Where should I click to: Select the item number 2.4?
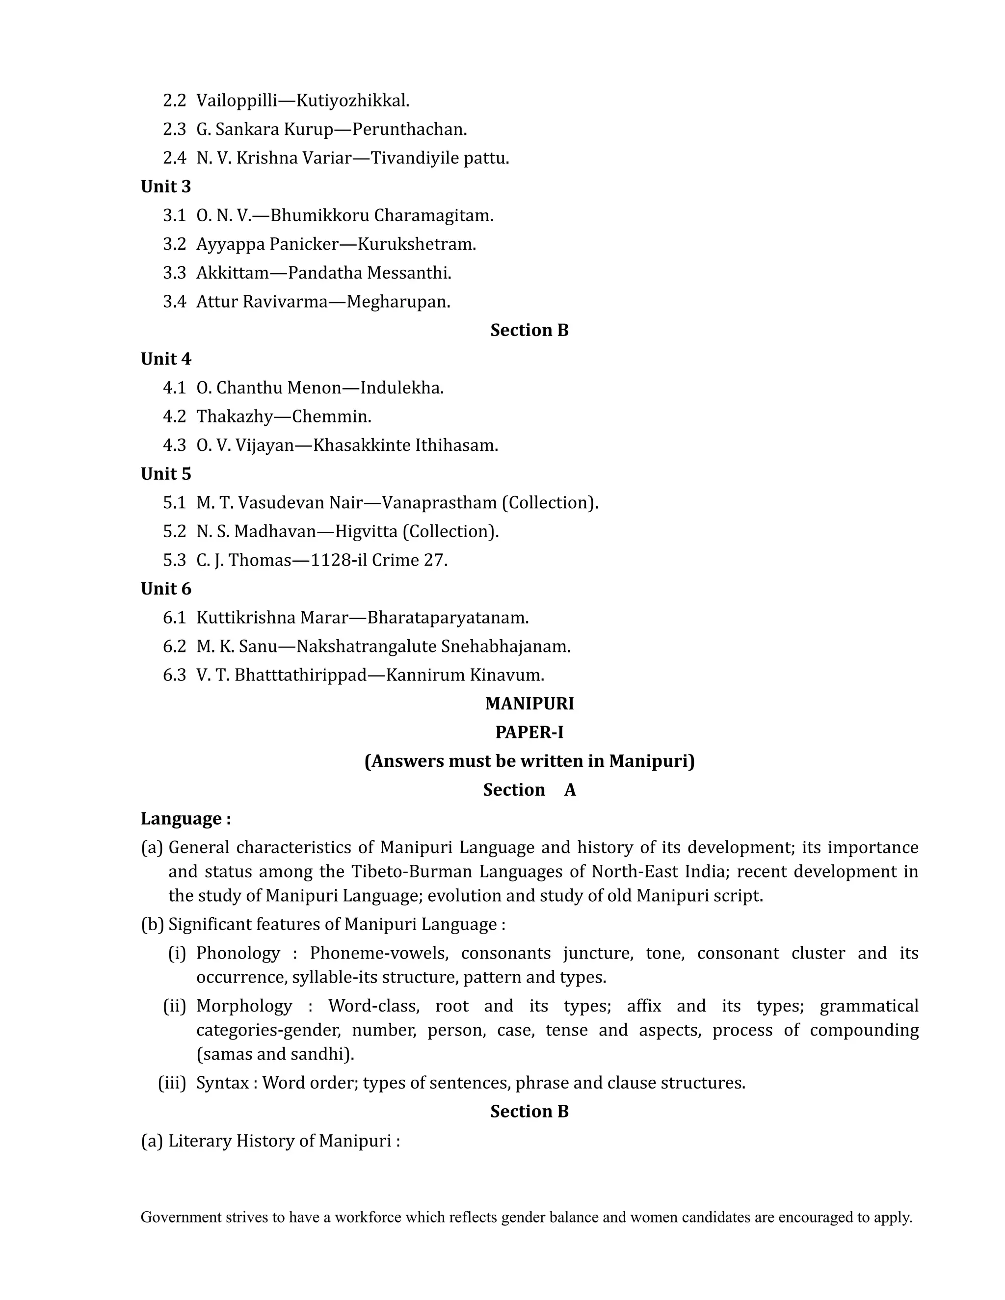coord(174,158)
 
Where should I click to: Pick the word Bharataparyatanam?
coord(447,618)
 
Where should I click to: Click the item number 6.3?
coord(174,675)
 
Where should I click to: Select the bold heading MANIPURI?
coord(529,704)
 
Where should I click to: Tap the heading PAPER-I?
coord(529,733)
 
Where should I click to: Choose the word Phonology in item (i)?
coord(238,953)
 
